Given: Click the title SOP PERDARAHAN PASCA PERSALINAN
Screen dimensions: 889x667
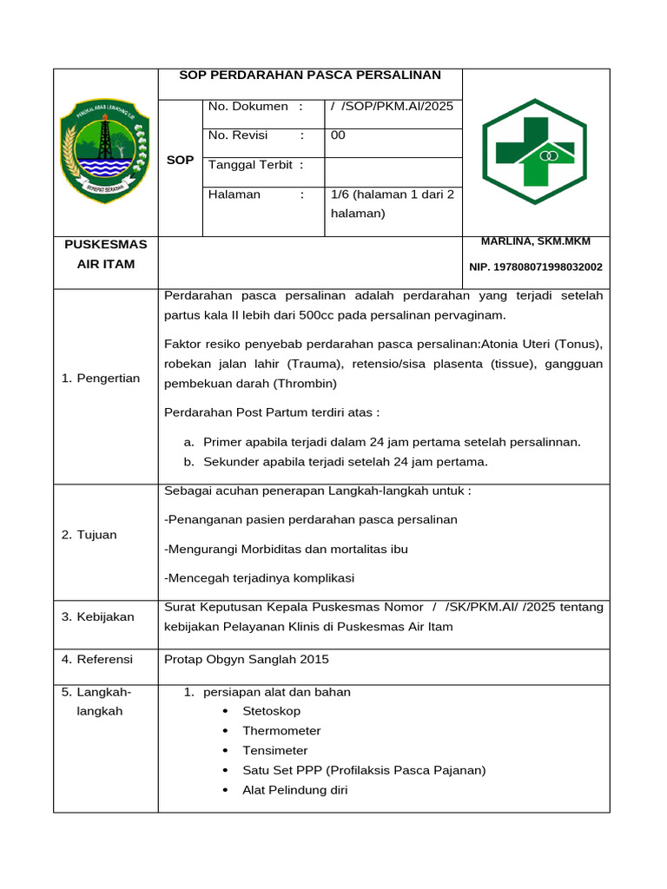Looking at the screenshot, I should pos(309,76).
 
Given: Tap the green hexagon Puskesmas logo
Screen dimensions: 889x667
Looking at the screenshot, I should pos(535,151).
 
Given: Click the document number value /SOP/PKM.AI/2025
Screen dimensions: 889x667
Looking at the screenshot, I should pos(392,107).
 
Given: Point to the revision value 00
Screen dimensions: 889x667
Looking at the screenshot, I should pos(338,135).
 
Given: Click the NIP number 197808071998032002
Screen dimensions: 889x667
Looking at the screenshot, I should pos(535,267).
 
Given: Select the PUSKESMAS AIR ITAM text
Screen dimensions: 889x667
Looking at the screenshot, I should pos(105,254).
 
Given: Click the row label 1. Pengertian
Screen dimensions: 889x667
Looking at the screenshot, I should pos(101,379).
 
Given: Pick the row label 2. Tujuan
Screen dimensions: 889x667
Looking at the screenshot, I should pos(89,535).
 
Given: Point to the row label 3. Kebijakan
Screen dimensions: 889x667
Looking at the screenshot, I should pos(97,616).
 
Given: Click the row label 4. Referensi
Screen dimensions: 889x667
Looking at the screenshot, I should pos(97,660).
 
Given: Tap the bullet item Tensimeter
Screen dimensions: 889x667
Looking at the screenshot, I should pos(274,751).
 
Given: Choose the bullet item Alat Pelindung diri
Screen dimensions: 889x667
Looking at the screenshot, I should pos(294,790).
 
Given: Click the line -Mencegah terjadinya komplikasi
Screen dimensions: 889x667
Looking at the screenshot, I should pos(259,578).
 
